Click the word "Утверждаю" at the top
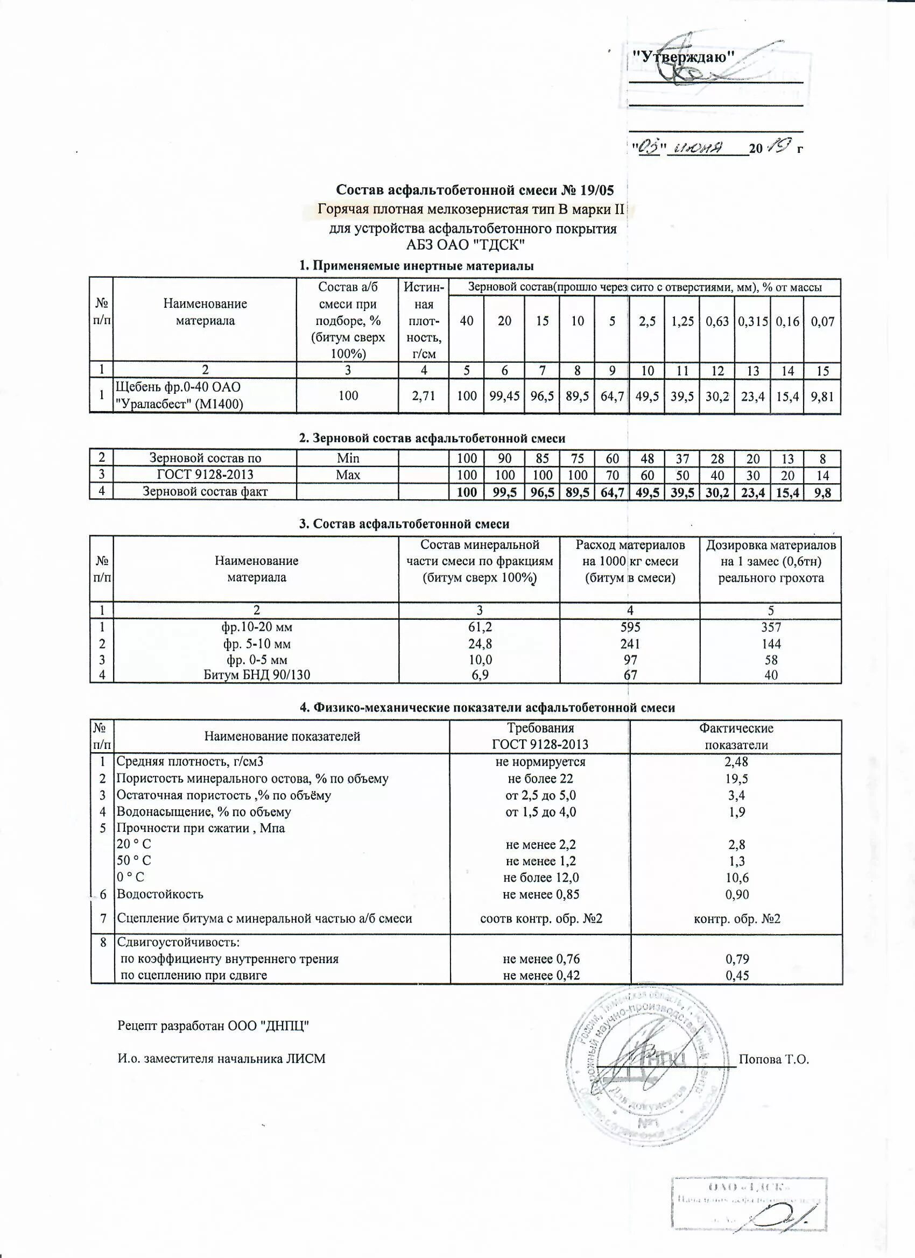(x=684, y=56)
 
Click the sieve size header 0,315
(x=752, y=321)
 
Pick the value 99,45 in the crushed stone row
(x=504, y=396)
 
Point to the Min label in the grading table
(x=348, y=458)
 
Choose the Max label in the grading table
(x=348, y=475)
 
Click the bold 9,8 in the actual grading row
(x=822, y=492)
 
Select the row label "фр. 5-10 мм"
(x=256, y=644)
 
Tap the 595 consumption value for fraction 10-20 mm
(x=630, y=627)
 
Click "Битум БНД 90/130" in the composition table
(x=256, y=675)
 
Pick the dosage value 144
(x=771, y=644)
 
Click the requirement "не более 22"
(x=540, y=778)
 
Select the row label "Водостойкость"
(x=160, y=894)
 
